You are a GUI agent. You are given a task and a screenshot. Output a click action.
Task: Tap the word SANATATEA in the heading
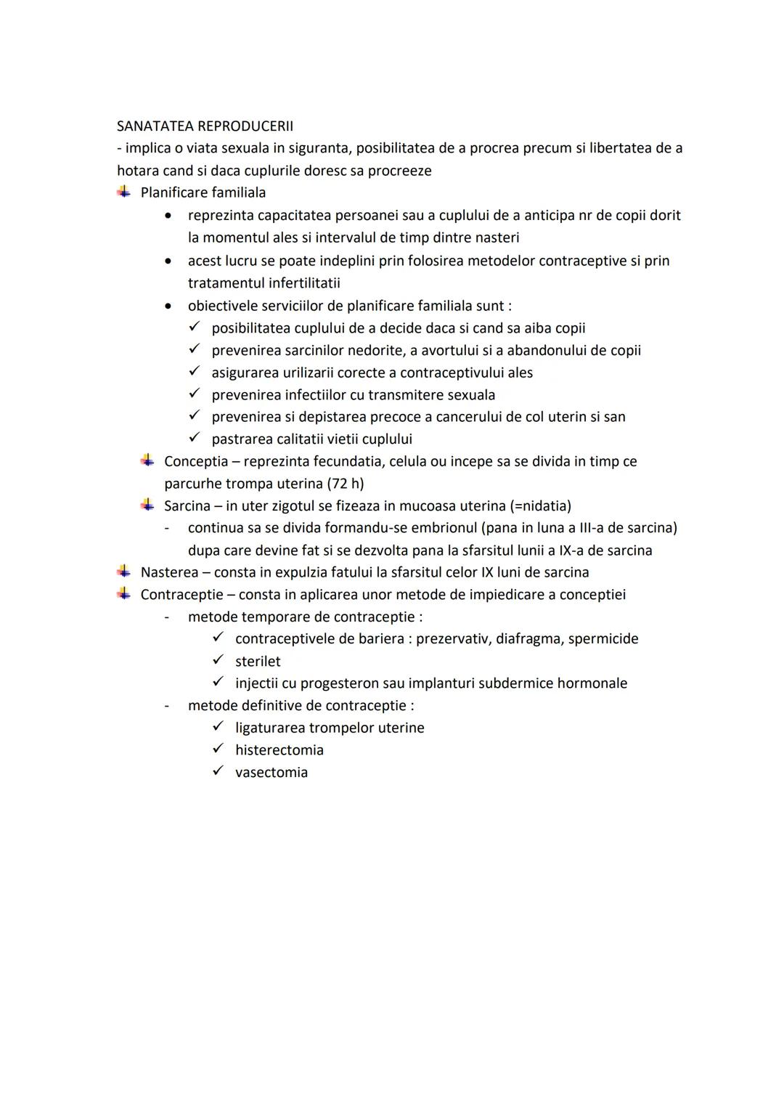pyautogui.click(x=155, y=126)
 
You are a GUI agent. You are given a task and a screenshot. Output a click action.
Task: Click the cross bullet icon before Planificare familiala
pyautogui.click(x=124, y=192)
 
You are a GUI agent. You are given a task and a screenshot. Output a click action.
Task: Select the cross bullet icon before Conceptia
pyautogui.click(x=148, y=460)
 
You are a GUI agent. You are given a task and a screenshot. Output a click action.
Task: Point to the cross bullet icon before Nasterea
pyautogui.click(x=124, y=572)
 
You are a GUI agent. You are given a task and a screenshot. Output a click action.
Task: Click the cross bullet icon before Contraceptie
pyautogui.click(x=124, y=594)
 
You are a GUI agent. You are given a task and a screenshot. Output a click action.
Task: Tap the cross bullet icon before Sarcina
pyautogui.click(x=148, y=505)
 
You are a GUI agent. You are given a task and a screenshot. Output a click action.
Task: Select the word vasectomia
pyautogui.click(x=271, y=773)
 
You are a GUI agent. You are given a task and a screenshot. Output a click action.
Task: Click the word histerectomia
pyautogui.click(x=279, y=750)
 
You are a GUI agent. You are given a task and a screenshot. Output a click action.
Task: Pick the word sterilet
pyautogui.click(x=257, y=662)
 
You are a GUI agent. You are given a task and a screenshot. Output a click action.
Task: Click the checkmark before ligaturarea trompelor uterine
pyautogui.click(x=218, y=727)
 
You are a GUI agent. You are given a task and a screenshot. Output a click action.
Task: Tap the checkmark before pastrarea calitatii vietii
pyautogui.click(x=194, y=439)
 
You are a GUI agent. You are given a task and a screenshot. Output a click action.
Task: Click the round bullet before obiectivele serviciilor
pyautogui.click(x=168, y=306)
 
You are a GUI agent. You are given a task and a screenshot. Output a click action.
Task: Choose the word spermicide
pyautogui.click(x=603, y=639)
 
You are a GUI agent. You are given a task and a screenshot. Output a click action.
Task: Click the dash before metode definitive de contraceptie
pyautogui.click(x=167, y=706)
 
